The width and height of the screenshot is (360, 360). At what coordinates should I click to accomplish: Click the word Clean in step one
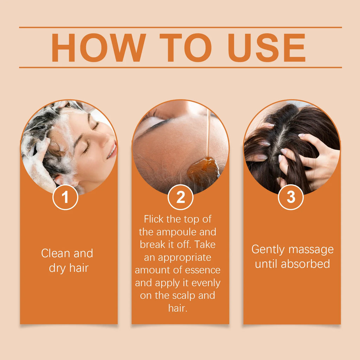tap(56, 253)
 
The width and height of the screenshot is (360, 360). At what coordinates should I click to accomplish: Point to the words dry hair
tap(69, 268)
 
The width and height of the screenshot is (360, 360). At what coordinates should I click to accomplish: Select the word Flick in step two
tap(154, 219)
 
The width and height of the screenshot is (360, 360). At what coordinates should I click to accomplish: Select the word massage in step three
tap(312, 250)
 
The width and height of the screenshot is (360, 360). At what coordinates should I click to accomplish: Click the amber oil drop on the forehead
tap(203, 170)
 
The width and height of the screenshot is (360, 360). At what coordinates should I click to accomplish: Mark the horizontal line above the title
tap(180, 27)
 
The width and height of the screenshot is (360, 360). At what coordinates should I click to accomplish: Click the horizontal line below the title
tap(180, 67)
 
